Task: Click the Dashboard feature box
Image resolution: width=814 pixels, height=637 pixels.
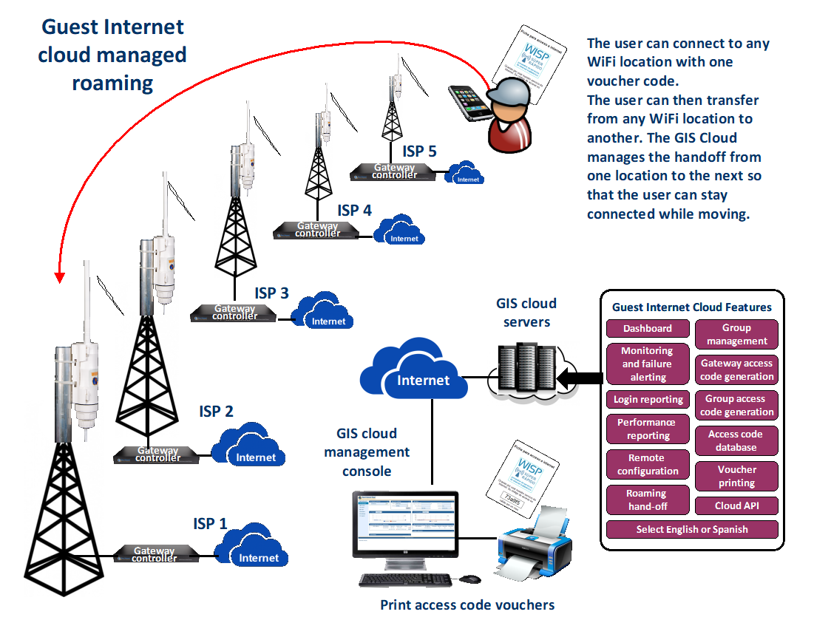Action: [x=648, y=328]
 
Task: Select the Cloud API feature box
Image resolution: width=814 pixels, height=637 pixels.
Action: [x=736, y=505]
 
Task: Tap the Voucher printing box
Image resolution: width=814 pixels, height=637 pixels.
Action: [x=736, y=476]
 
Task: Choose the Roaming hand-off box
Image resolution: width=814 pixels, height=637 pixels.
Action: [x=648, y=500]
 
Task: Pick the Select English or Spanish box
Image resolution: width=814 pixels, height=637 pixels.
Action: [x=692, y=529]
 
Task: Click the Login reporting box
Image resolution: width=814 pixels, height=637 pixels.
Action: [x=648, y=399]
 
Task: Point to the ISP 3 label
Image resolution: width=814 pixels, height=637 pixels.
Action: [x=271, y=293]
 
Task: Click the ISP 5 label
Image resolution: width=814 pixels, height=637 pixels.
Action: [x=419, y=151]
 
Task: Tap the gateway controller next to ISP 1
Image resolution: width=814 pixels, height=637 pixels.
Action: [x=155, y=554]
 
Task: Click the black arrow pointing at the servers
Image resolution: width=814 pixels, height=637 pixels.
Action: [x=577, y=379]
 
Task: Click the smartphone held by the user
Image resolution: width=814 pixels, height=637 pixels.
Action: [x=470, y=104]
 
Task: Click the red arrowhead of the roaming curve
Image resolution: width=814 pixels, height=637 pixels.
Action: [x=60, y=277]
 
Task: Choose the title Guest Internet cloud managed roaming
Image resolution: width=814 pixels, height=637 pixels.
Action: [x=112, y=55]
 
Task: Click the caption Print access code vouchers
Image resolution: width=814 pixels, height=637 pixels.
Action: [x=467, y=604]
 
